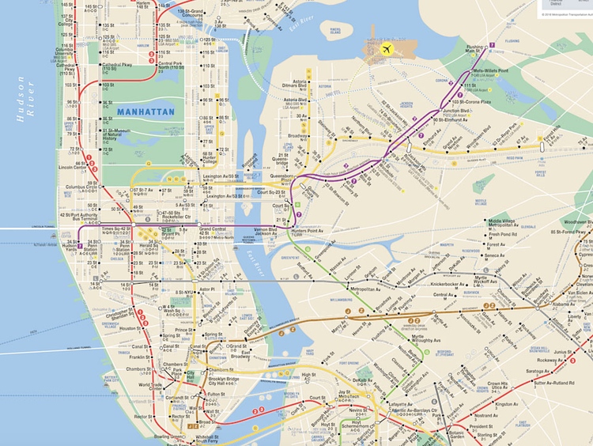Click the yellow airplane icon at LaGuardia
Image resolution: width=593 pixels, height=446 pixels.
point(387,49)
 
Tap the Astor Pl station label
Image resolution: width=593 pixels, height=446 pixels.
point(208,290)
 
